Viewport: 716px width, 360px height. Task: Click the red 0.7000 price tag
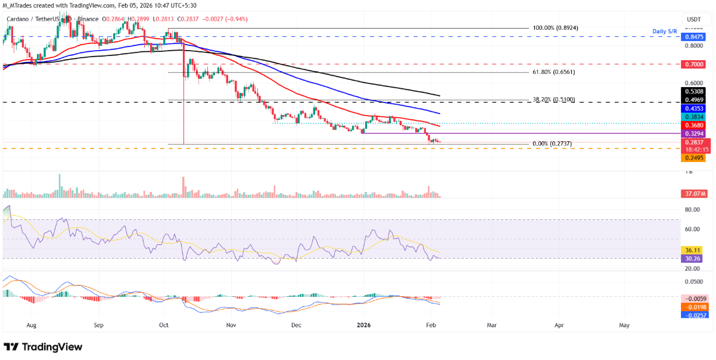(x=694, y=63)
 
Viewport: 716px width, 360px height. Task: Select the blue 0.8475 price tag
(x=694, y=36)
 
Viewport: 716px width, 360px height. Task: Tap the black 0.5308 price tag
(x=694, y=91)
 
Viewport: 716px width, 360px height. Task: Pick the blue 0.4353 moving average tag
(x=694, y=108)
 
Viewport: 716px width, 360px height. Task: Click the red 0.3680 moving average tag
(x=694, y=126)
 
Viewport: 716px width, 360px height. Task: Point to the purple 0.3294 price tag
(x=694, y=135)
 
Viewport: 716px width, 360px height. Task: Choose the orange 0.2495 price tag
(x=694, y=158)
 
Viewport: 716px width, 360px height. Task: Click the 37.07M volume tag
(x=694, y=194)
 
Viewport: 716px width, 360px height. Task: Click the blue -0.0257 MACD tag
(x=694, y=314)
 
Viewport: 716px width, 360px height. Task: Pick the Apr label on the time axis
(x=559, y=326)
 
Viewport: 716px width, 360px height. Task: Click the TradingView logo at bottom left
(x=43, y=347)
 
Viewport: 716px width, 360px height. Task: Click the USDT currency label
(x=693, y=20)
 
